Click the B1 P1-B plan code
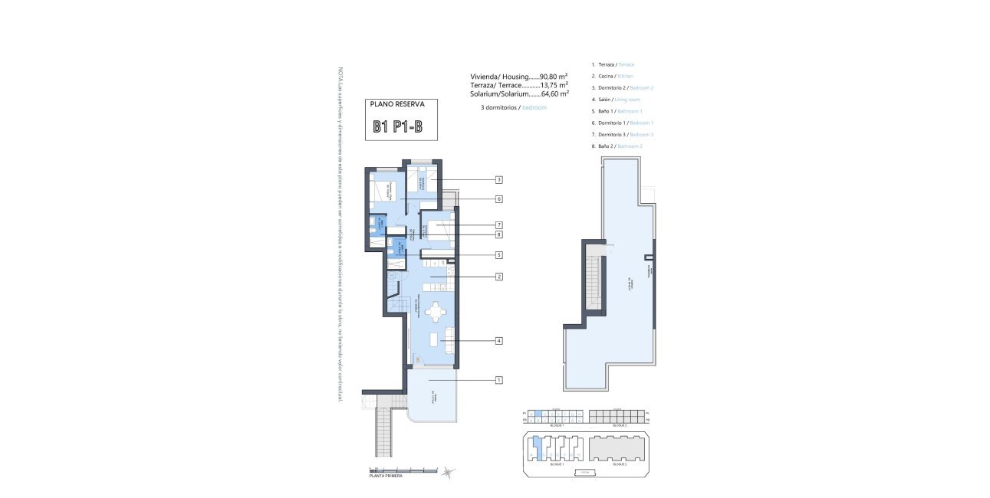click(398, 127)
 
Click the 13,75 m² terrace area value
click(554, 85)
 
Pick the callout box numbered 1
click(498, 380)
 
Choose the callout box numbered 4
click(498, 341)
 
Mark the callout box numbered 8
click(498, 234)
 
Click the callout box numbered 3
click(498, 180)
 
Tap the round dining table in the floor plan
click(436, 313)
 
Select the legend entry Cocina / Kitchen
click(613, 77)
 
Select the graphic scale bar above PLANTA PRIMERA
click(403, 470)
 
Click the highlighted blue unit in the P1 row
click(538, 414)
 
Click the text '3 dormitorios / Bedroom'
click(513, 108)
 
